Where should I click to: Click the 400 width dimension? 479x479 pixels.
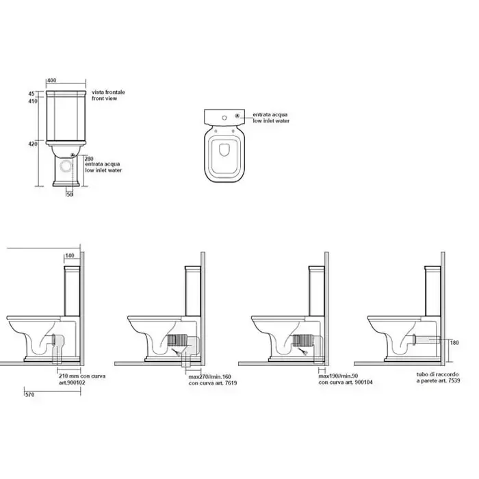[52, 80]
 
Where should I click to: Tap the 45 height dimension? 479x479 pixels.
[31, 94]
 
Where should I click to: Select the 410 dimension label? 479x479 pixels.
[33, 101]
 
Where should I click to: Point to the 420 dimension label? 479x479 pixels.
[33, 144]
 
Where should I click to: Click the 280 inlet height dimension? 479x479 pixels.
[89, 159]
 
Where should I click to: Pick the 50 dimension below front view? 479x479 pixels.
[70, 194]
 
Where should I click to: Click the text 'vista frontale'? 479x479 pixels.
[108, 92]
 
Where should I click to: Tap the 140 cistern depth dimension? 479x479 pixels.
[70, 256]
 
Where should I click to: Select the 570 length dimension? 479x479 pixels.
[29, 395]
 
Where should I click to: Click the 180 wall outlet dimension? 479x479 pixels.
[454, 343]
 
